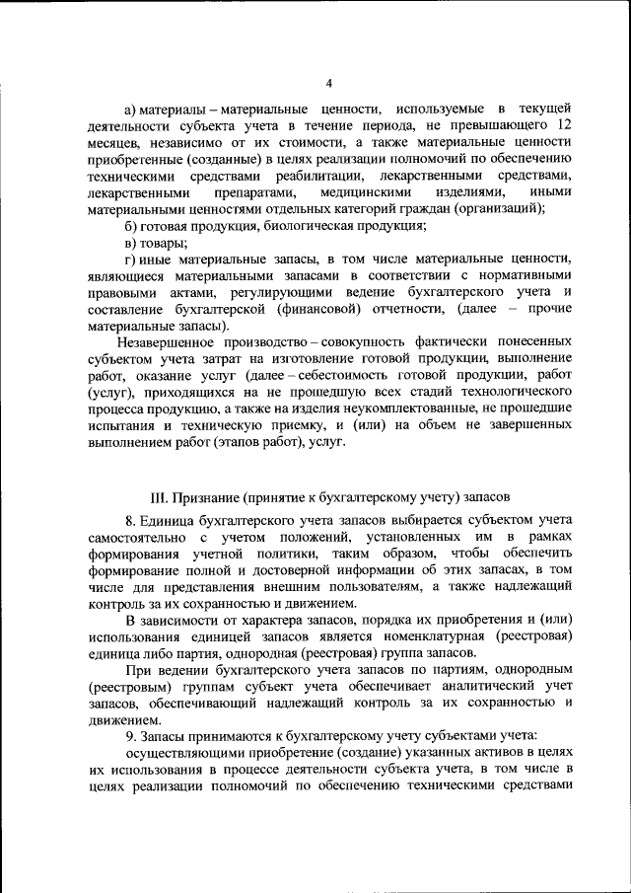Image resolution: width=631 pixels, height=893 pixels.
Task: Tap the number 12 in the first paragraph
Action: (x=565, y=124)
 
